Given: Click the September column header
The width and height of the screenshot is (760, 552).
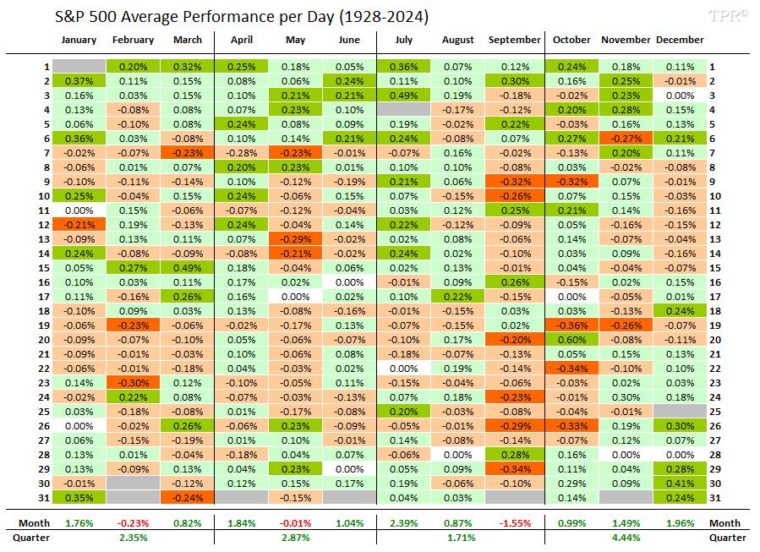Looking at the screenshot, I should coord(514,40).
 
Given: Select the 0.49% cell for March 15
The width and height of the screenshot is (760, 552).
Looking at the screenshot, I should coord(187,268).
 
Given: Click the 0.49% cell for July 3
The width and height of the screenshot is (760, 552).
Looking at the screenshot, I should coord(405,96).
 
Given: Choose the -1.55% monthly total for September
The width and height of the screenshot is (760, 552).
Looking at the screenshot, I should coord(514,524).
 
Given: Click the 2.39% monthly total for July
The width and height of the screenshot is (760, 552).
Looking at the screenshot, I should coord(405,524).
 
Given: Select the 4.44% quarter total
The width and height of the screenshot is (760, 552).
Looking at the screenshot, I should coord(626,538).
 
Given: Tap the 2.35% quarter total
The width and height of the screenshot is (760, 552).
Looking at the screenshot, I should coord(133,538).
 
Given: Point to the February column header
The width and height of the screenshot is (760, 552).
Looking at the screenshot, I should coord(133,40).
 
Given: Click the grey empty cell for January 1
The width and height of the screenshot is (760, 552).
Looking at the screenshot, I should coord(79,67).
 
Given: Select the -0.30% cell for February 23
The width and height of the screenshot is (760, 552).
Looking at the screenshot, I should coord(133,383).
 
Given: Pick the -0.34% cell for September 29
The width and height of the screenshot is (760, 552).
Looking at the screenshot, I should coord(514,469).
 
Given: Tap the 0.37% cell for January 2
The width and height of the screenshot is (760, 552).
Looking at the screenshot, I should coord(79,81).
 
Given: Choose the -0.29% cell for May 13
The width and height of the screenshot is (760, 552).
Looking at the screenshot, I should coord(296,239).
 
